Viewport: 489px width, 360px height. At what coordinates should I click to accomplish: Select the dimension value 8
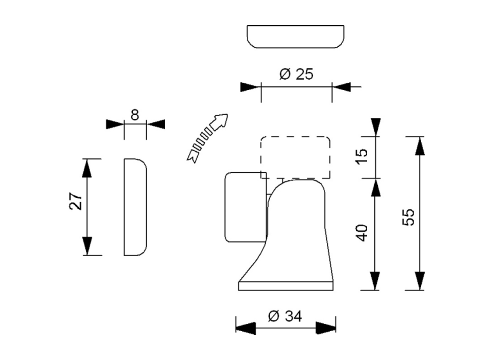coord(135,115)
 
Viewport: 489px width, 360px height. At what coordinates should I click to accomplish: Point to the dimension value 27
coord(76,202)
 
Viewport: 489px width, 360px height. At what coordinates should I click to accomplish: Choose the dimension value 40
coord(362,233)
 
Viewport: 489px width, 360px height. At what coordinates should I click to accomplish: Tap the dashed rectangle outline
coord(295,157)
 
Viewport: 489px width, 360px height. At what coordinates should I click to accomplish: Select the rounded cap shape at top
coord(294,37)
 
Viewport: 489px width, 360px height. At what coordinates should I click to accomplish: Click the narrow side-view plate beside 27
coord(135,207)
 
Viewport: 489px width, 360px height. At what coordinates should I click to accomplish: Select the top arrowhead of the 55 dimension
coord(421,146)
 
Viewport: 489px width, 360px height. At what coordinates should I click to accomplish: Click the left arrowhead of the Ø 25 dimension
coord(250,87)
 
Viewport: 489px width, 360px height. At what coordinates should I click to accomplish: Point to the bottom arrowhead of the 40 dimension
coord(376,280)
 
